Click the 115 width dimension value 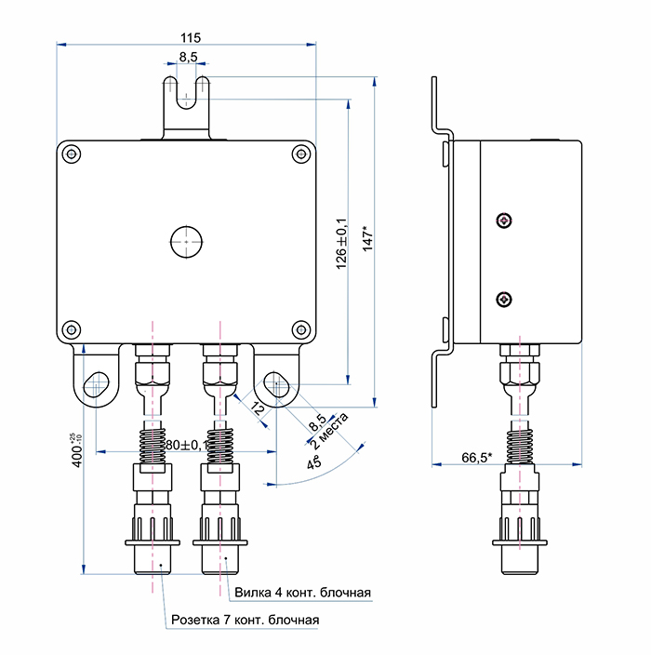pyautogui.click(x=190, y=37)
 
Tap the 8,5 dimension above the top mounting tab pyautogui.click(x=188, y=57)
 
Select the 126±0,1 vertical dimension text pyautogui.click(x=340, y=245)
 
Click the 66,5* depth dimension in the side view pyautogui.click(x=476, y=458)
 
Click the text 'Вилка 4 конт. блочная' pyautogui.click(x=302, y=593)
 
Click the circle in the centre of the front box pyautogui.click(x=187, y=240)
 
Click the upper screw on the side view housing pyautogui.click(x=503, y=221)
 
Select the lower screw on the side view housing pyautogui.click(x=503, y=299)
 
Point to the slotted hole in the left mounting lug pyautogui.click(x=97, y=384)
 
